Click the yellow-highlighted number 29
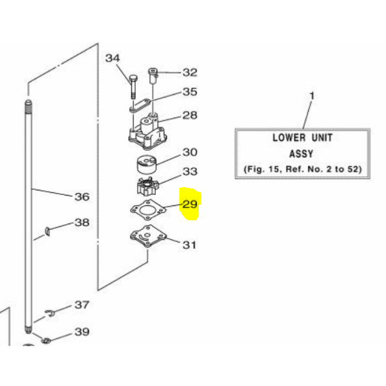coord(190,204)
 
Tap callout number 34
coord(112,58)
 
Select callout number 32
coord(190,72)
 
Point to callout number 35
coord(190,92)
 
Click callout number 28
coord(190,115)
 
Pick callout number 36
coord(82,197)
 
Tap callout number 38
coord(82,222)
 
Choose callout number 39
coord(82,332)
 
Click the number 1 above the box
coord(312,96)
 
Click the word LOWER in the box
coord(289,138)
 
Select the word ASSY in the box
coord(301,154)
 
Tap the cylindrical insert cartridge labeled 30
coord(147,164)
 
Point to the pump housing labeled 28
coord(148,131)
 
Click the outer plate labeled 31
coord(148,236)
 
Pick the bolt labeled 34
coord(133,86)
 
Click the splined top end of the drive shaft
coord(29,107)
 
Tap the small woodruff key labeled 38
coord(47,231)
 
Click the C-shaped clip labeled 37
coord(51,313)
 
